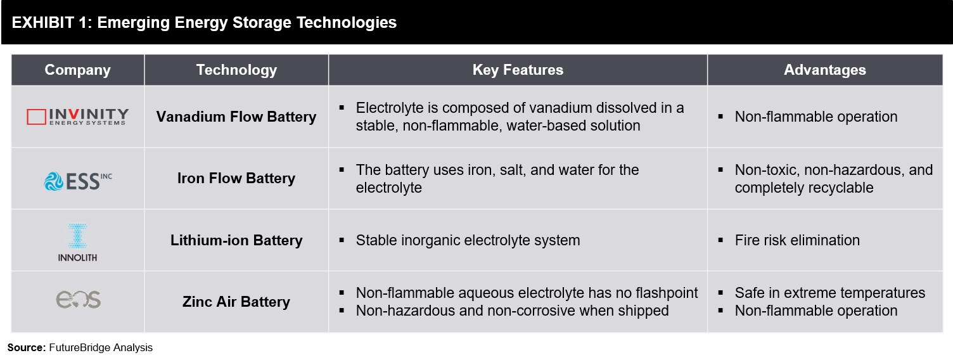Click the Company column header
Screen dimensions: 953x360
coord(77,70)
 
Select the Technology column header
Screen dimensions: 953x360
coord(236,70)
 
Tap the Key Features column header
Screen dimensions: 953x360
coord(518,70)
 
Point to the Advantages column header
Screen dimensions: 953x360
coord(825,70)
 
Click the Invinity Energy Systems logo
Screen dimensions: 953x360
coord(77,117)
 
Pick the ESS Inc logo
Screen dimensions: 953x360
coord(78,181)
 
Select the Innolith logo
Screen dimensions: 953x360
coord(77,242)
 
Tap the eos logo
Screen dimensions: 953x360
coord(79,300)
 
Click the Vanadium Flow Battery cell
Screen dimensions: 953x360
coord(236,117)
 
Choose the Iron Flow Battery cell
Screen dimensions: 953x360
coord(236,178)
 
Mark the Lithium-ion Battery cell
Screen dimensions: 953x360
coord(236,240)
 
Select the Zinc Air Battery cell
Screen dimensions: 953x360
coord(236,302)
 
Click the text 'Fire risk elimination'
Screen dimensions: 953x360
coord(797,240)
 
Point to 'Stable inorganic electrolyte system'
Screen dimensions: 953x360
coord(468,240)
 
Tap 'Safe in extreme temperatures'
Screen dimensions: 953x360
coord(829,293)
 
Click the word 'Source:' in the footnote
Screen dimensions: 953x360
coord(27,348)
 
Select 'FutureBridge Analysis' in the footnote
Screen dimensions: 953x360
coord(101,348)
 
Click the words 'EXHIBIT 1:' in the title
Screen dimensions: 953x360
coord(51,23)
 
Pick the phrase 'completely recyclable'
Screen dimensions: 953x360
coord(804,188)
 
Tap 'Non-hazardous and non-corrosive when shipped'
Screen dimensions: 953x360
coord(512,311)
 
